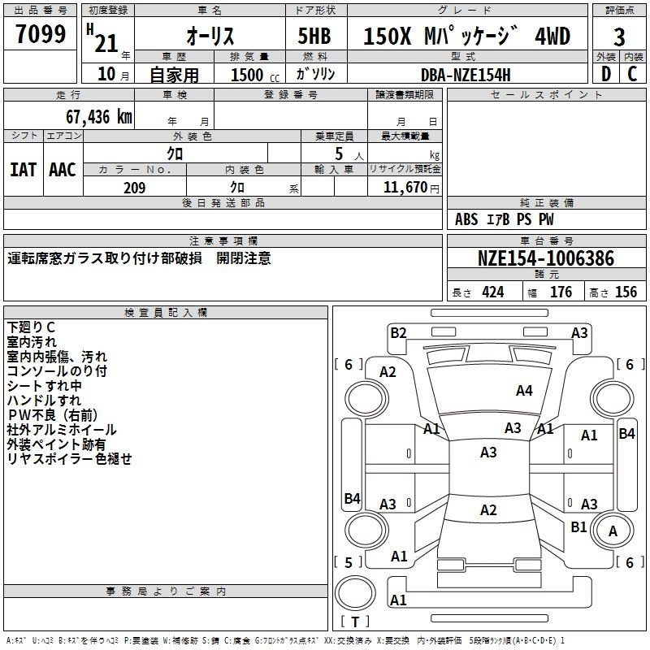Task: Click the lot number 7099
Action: [x=41, y=34]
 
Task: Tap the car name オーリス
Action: [x=210, y=36]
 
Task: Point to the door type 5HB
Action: [x=315, y=36]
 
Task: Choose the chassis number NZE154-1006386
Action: [x=546, y=258]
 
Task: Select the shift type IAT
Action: [x=23, y=170]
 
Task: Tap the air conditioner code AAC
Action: [x=63, y=170]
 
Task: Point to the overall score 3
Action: [x=619, y=37]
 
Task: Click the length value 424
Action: [x=492, y=292]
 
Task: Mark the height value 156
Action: [x=626, y=292]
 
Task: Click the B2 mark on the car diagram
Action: [x=398, y=332]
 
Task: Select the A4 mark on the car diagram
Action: [x=524, y=391]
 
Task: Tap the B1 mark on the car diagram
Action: [x=578, y=526]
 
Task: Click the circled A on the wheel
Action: [x=613, y=532]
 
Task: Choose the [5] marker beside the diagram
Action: [x=349, y=562]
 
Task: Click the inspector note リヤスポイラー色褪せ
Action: [x=69, y=459]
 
